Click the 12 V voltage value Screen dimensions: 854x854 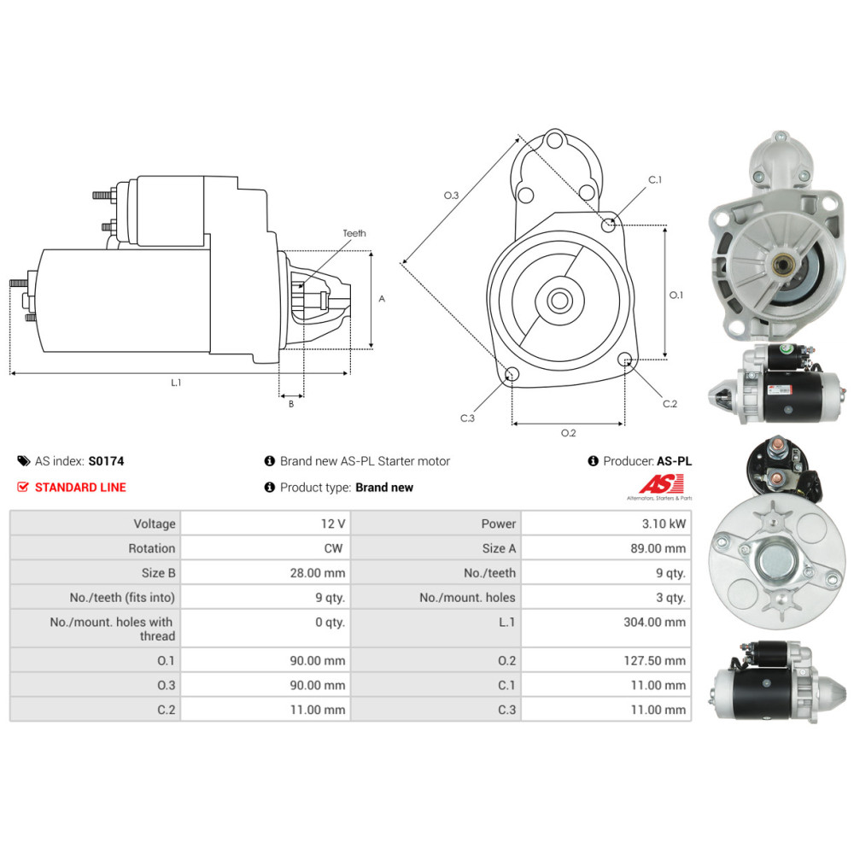335,524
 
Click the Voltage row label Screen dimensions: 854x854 154,524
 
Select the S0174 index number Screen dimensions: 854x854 106,461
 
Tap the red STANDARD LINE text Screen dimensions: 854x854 80,488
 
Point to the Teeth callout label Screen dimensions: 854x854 354,233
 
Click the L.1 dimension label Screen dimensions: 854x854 176,383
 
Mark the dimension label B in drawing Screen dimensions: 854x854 291,404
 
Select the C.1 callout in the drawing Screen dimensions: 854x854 655,180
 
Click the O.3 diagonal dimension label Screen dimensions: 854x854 452,196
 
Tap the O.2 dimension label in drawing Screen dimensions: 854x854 568,433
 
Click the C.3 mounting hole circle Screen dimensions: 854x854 512,374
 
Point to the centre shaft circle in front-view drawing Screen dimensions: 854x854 560,301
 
